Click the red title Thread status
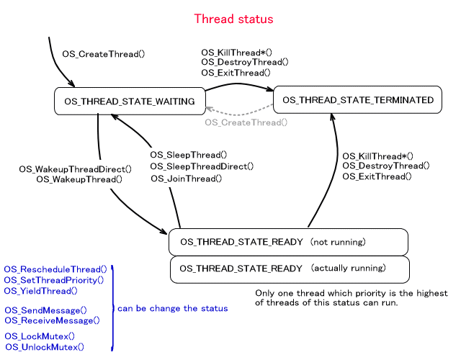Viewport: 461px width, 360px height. click(234, 19)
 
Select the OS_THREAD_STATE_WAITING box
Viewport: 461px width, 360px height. click(129, 102)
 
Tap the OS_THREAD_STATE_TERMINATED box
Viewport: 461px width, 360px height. click(357, 99)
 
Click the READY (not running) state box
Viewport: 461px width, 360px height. click(288, 242)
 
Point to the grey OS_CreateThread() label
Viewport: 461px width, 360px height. click(246, 122)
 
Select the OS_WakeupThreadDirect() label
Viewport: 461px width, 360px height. click(76, 169)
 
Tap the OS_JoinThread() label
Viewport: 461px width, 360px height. click(187, 179)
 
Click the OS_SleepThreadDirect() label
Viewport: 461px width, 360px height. click(202, 166)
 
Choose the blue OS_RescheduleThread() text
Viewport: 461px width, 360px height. click(55, 269)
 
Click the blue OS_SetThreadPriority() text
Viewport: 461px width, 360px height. click(54, 279)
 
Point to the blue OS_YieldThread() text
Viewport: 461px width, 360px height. click(41, 291)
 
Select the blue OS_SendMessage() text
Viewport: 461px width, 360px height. click(45, 310)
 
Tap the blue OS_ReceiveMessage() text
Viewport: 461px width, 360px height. click(51, 320)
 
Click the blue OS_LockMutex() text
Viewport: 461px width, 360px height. click(40, 336)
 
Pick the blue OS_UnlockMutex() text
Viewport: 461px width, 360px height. click(45, 346)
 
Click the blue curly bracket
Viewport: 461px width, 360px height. click(112, 308)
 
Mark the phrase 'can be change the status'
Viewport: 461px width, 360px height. click(173, 308)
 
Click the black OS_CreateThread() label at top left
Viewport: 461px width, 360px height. click(104, 54)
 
